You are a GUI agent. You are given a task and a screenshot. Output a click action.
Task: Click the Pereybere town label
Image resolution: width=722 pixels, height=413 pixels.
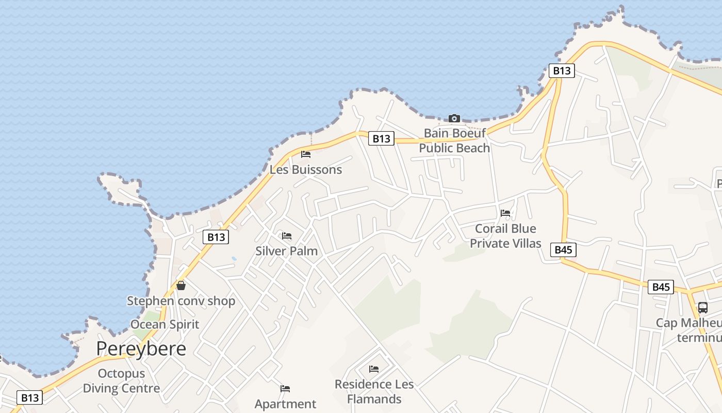[x=141, y=349]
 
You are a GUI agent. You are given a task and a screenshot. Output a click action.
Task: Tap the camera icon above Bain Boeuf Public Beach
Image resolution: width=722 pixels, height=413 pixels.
[x=454, y=118]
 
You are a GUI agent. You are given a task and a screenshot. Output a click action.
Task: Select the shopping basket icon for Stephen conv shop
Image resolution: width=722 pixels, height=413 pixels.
[x=181, y=285]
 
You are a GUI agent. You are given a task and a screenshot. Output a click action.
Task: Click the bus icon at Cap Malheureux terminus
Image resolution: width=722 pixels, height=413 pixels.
[x=702, y=308]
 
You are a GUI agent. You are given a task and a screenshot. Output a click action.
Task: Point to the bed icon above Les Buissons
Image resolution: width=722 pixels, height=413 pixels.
[x=306, y=154]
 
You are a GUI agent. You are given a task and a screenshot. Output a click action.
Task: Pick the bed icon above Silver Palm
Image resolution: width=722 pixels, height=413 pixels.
[x=287, y=236]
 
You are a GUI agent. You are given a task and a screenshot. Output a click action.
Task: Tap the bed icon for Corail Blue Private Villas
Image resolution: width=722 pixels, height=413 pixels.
[x=505, y=213]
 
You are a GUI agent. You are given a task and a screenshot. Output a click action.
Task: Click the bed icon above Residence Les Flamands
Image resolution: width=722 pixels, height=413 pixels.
[x=374, y=369]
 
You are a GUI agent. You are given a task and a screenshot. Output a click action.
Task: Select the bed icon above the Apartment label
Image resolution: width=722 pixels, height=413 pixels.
[x=285, y=388]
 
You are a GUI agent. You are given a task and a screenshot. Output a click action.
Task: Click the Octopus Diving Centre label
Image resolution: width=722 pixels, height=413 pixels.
[x=121, y=380]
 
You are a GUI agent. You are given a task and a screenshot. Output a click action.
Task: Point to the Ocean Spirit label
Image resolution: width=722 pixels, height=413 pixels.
[x=165, y=324]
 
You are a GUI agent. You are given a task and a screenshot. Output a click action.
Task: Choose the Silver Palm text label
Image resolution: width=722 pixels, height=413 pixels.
[x=286, y=251]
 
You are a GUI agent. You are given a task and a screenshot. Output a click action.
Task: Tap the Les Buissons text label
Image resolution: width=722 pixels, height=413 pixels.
[x=306, y=169]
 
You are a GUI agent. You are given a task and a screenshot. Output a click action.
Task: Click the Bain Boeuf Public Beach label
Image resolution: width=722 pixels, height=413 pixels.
[x=454, y=140]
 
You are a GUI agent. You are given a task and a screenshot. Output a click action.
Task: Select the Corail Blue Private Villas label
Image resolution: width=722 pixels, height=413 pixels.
[x=505, y=236]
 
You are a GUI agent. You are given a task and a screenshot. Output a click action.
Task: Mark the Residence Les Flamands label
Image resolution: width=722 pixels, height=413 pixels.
[x=374, y=391]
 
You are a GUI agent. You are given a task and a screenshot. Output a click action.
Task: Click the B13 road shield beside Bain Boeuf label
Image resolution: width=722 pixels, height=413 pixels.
[x=381, y=138]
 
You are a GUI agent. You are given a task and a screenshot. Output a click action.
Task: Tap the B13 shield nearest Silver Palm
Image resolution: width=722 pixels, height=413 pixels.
[x=216, y=237]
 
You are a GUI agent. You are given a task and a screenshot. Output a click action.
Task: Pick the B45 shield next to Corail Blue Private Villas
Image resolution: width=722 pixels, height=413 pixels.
[x=563, y=250]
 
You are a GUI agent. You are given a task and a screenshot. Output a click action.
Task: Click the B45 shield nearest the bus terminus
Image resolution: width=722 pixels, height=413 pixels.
[x=661, y=287]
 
